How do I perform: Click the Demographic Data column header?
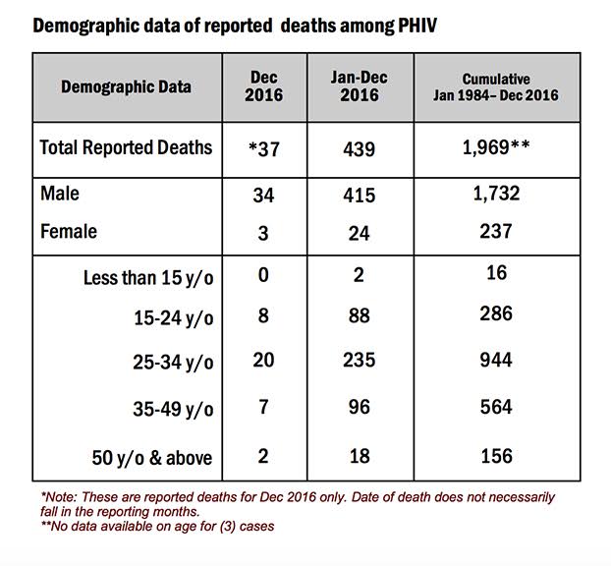127,86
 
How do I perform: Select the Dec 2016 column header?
264,86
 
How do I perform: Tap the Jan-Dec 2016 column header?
360,86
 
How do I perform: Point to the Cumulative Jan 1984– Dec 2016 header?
496,87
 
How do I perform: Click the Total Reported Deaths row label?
127,147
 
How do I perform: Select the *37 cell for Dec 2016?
264,149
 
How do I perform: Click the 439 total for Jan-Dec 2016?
360,149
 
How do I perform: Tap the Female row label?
69,231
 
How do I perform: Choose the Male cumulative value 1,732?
496,194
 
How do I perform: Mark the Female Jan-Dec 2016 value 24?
359,234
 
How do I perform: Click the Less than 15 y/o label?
148,278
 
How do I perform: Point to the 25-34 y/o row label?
173,363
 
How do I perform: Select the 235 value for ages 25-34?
360,360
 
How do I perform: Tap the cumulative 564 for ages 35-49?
496,408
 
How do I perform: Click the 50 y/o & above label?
152,458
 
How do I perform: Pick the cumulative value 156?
496,456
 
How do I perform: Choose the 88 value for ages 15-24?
360,315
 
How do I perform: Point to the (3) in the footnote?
228,527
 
